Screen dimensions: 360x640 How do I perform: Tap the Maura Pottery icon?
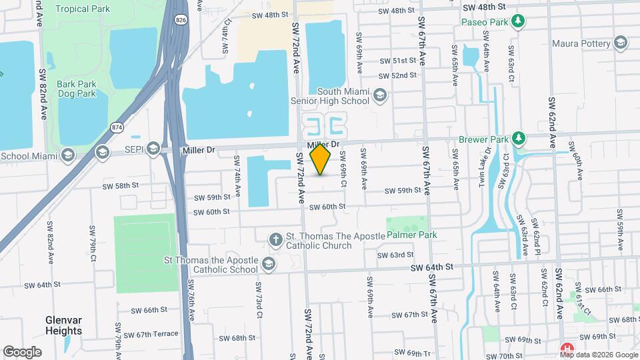[621, 44]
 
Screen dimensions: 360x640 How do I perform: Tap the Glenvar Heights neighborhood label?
[63, 325]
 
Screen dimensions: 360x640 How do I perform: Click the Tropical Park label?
[83, 9]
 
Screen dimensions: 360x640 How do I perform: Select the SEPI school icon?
[153, 148]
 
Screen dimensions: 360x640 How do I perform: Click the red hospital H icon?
[567, 349]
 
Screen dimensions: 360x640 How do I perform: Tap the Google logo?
[23, 351]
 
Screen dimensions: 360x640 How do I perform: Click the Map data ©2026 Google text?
[598, 355]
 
